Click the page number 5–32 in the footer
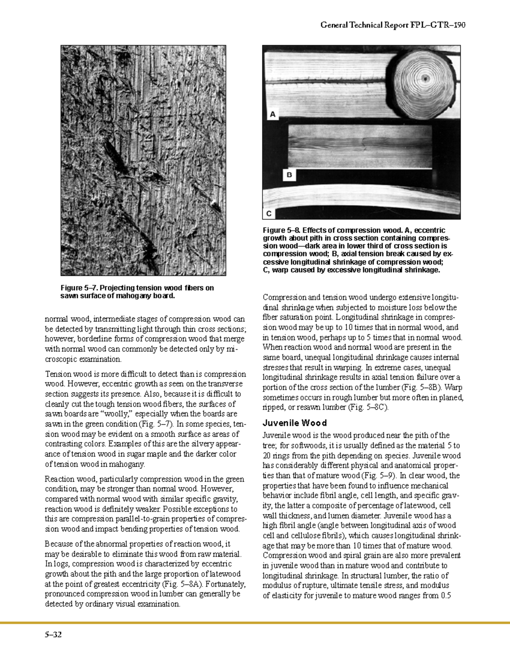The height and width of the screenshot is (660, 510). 53,635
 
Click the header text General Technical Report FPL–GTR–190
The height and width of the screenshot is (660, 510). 393,25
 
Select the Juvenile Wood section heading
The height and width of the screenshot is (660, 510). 295,423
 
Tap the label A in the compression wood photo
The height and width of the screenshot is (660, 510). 273,114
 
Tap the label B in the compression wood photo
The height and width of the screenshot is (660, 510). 289,175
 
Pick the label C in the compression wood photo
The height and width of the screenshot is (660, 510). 269,213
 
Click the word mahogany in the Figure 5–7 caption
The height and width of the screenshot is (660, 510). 132,296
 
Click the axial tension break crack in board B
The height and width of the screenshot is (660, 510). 363,146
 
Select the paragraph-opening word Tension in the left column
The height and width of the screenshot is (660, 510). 58,374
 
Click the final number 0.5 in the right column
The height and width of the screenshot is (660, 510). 446,595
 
